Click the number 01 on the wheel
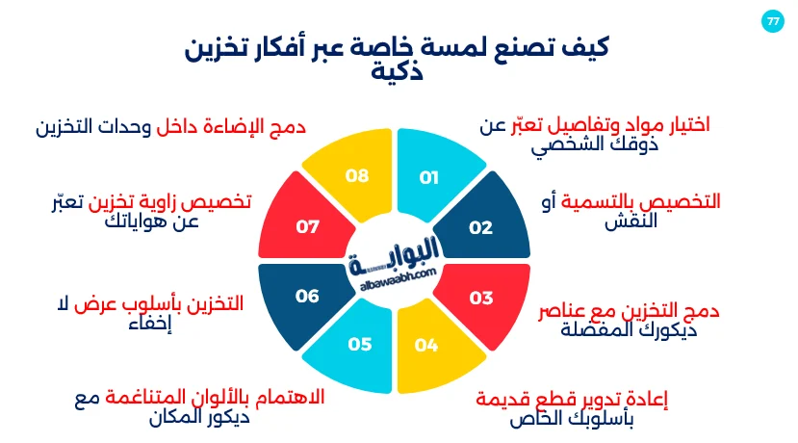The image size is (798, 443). [x=429, y=177]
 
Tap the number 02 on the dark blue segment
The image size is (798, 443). [x=480, y=228]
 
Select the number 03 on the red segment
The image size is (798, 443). [x=480, y=298]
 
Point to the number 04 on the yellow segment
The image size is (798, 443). [x=426, y=344]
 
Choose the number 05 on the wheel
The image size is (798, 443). [x=359, y=344]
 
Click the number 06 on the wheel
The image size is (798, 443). [x=307, y=297]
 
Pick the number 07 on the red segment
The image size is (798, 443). [x=307, y=228]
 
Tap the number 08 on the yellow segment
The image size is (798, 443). [x=357, y=176]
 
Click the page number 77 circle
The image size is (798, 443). [x=772, y=21]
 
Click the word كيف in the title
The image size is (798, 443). [x=585, y=45]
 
